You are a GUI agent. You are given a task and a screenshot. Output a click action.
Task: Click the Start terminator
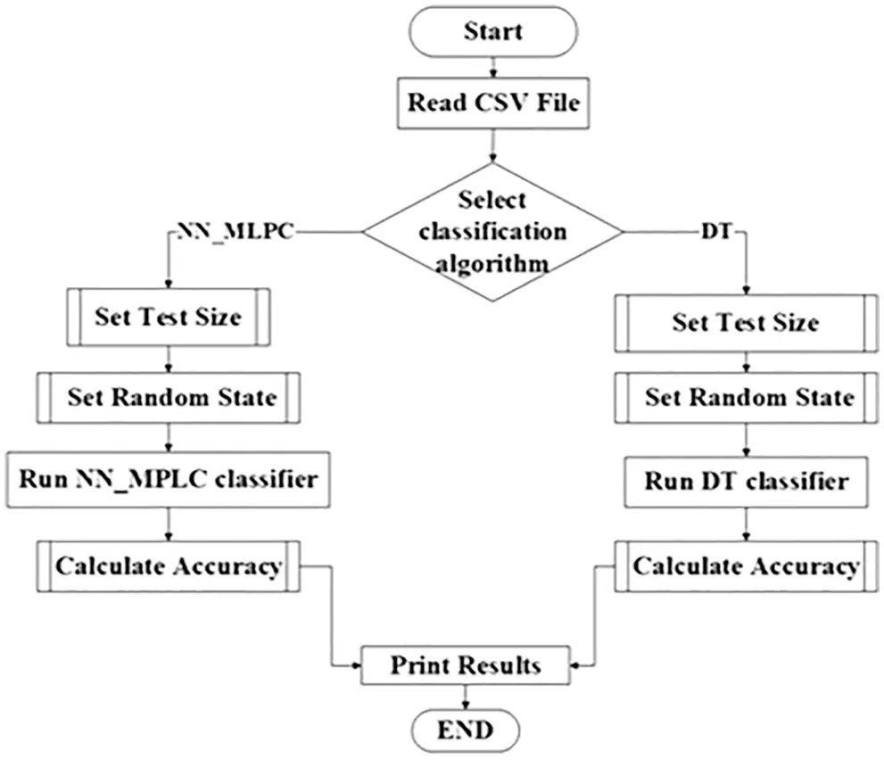click(x=492, y=32)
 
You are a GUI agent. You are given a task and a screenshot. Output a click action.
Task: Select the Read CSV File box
click(x=493, y=103)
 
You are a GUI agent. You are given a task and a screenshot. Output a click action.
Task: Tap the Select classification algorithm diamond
click(x=492, y=232)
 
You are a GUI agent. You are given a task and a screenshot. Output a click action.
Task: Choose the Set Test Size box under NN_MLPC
click(x=168, y=317)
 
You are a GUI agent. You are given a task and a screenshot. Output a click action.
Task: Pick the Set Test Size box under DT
click(x=745, y=321)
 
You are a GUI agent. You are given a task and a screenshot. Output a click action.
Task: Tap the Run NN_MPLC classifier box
click(x=168, y=479)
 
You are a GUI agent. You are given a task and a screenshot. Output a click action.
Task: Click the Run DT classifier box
click(x=745, y=481)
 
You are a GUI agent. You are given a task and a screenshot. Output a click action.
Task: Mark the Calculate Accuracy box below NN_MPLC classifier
click(x=168, y=566)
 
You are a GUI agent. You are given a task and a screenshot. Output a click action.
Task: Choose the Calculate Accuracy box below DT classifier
click(x=746, y=566)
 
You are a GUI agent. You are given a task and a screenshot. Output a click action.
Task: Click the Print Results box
click(x=464, y=665)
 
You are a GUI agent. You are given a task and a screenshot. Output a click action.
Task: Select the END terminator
click(x=464, y=731)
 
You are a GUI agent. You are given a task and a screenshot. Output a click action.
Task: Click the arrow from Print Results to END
click(x=464, y=697)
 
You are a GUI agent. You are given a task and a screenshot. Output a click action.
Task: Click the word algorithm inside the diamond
click(x=492, y=264)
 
